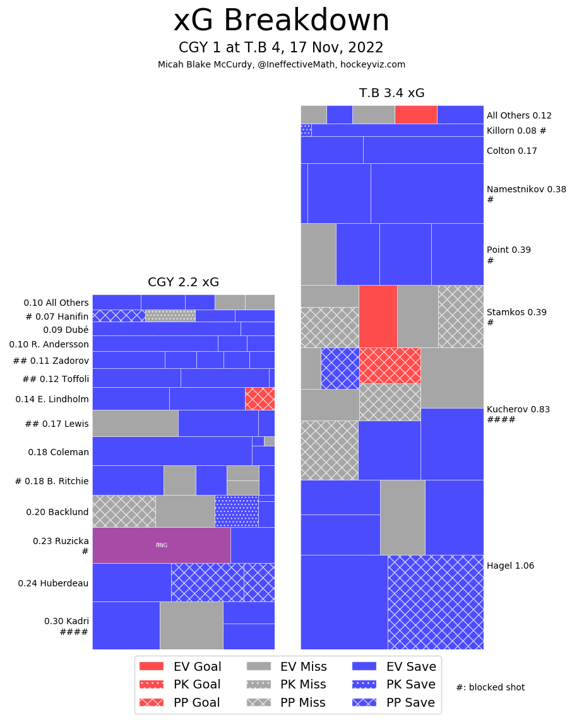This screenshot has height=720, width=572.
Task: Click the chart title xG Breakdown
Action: click(282, 21)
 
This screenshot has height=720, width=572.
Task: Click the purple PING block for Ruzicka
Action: click(161, 545)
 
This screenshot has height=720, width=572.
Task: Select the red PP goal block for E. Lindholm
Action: click(259, 398)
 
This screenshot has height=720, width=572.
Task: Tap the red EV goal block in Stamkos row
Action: click(378, 316)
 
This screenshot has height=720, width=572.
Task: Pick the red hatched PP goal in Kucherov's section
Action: click(390, 365)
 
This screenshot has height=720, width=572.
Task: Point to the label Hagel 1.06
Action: click(510, 566)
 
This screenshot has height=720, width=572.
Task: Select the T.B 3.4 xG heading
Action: click(391, 93)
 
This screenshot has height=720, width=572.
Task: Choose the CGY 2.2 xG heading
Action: click(183, 282)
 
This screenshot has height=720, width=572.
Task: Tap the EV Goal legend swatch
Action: click(152, 666)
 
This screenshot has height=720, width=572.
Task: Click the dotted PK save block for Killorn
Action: click(306, 130)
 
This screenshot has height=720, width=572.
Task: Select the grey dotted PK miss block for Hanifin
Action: click(170, 315)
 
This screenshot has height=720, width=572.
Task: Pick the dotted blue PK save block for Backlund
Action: click(236, 511)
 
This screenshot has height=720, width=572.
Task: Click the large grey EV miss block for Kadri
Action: click(191, 625)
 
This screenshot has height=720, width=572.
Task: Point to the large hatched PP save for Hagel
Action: click(435, 601)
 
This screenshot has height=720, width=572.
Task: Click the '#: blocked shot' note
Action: click(490, 687)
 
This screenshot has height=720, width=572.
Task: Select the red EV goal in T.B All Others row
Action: click(415, 114)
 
